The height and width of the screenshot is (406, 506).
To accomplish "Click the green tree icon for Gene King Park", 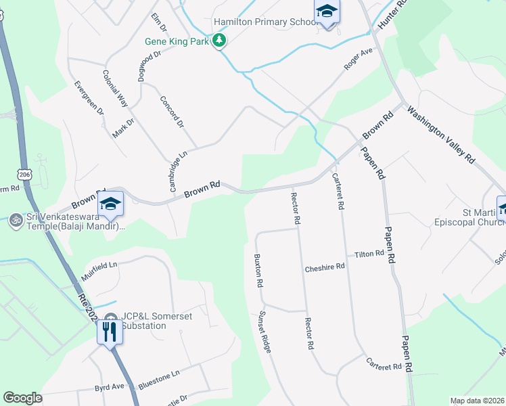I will [x=219, y=41].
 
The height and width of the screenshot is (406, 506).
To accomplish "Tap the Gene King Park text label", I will [x=178, y=41].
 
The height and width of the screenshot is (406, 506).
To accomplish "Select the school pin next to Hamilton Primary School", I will [x=327, y=13].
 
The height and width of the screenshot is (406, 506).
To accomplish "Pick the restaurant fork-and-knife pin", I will [x=109, y=332].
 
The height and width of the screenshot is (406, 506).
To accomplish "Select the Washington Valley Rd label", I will [x=442, y=135].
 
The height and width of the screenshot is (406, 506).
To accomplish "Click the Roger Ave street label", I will [x=359, y=59].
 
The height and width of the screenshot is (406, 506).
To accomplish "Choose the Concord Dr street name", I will [x=172, y=111].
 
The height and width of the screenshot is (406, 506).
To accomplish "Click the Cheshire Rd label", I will [x=325, y=267].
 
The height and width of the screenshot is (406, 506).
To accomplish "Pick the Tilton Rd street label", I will [x=369, y=254].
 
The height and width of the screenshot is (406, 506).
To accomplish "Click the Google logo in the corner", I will [x=23, y=399].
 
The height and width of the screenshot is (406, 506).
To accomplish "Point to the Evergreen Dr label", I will [x=89, y=97].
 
